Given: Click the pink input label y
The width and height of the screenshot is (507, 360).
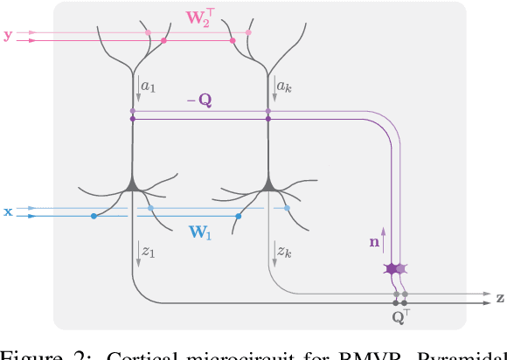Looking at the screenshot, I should point(8,36).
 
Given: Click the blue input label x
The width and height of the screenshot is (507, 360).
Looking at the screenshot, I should point(8,211).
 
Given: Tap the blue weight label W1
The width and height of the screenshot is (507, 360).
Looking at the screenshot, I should point(202,232).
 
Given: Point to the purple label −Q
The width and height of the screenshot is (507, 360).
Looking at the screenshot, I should point(198,100).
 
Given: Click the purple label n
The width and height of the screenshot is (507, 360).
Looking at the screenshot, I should point(375,235).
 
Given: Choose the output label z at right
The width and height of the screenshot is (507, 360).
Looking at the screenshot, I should point(500,298).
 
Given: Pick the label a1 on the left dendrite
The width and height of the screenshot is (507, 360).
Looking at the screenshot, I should point(149,87).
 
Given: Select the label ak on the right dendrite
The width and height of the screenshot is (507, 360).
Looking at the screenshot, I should point(284,87).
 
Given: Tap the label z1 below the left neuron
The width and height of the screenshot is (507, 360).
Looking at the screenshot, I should point(149,252).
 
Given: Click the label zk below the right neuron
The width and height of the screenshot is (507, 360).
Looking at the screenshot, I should point(284,252).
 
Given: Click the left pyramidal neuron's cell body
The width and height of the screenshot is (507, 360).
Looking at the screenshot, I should point(133,183).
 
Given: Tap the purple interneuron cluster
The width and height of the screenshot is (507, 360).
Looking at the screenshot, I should point(396,268).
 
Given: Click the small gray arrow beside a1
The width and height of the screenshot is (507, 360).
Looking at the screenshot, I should point(139,86).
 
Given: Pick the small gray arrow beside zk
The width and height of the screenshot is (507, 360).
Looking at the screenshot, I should point(274,252).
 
